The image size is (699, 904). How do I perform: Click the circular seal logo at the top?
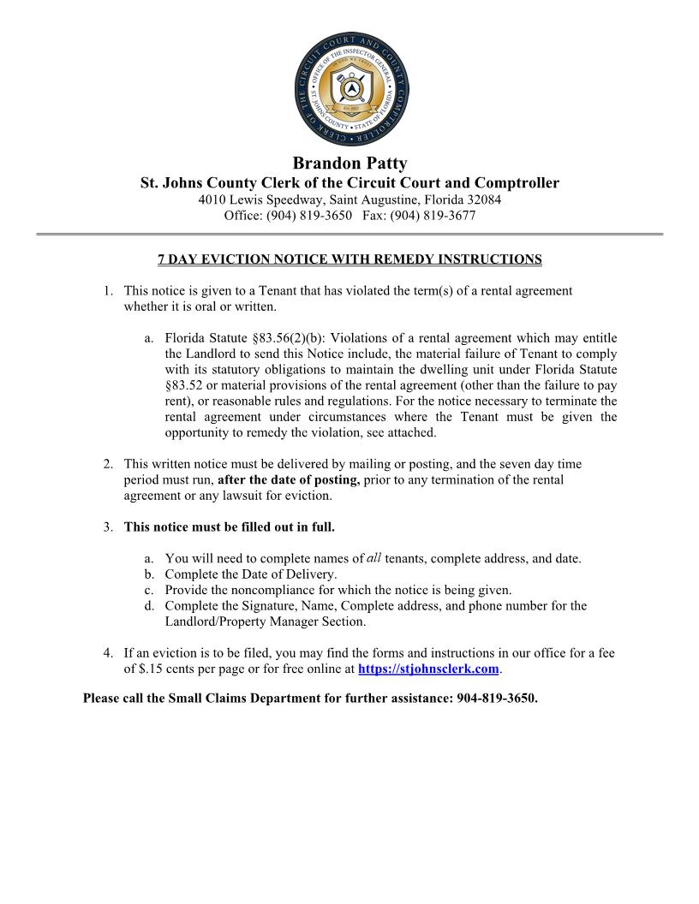pos(349,92)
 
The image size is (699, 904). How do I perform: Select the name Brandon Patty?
pos(349,163)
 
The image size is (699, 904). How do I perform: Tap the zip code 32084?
pos(481,199)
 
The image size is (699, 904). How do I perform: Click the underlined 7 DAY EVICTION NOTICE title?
pos(349,259)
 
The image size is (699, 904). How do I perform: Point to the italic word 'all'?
pos(373,558)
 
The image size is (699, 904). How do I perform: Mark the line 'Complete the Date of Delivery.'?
pos(251,574)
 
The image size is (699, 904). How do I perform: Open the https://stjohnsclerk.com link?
pos(427,669)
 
